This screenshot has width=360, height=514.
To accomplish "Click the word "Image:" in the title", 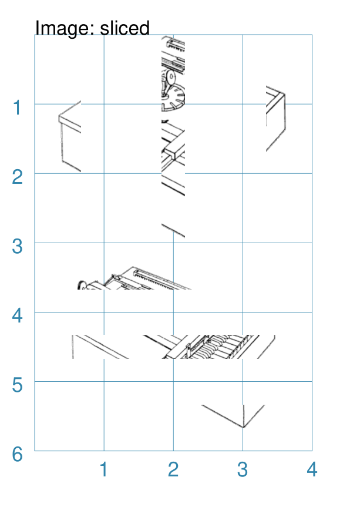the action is [x=65, y=28].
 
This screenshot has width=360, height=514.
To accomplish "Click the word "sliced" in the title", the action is [x=125, y=28].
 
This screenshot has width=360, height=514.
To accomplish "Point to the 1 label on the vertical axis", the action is [x=17, y=108].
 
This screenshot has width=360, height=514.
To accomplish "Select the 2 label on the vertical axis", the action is [x=17, y=177].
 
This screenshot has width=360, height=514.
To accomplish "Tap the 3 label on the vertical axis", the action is [x=17, y=247].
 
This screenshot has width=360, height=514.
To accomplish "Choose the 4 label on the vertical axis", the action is [x=17, y=315].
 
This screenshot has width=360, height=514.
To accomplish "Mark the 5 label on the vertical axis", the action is [x=17, y=385].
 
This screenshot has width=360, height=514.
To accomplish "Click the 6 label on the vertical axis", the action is [x=17, y=454].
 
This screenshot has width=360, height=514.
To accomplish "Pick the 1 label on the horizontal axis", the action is [x=103, y=469].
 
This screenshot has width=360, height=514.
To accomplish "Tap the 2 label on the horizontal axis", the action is [x=173, y=469].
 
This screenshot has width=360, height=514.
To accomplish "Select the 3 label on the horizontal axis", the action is [x=243, y=469].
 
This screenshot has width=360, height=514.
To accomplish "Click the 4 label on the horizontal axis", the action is [x=312, y=469].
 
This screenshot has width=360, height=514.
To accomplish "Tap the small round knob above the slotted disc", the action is [x=171, y=77].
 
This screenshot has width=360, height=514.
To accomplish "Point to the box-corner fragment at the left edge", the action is [x=70, y=136].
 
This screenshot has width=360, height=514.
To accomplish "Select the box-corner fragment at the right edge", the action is [x=276, y=119].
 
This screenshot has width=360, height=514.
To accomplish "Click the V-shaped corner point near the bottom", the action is [x=243, y=427].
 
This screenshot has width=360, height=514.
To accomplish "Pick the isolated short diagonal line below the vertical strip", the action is [x=173, y=230].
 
